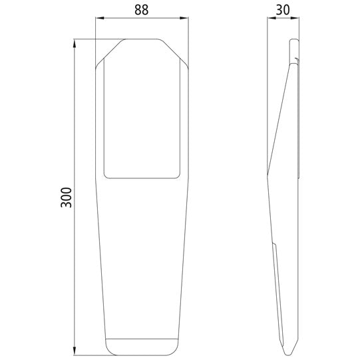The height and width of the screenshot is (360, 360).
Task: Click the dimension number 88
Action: tap(142, 11)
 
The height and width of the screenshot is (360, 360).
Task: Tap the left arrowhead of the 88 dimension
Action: tap(98, 20)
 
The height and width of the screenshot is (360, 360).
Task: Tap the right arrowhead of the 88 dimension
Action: tap(186, 20)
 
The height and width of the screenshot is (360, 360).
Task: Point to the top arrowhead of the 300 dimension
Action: tap(74, 42)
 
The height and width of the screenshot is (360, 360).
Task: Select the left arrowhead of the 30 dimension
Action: tap(269, 20)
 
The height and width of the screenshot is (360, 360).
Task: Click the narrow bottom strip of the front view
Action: tap(142, 347)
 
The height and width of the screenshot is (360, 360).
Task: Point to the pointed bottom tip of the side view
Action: tap(287, 352)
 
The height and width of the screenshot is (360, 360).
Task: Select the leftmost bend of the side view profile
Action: tap(268, 174)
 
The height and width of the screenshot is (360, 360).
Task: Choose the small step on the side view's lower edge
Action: tap(275, 248)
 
